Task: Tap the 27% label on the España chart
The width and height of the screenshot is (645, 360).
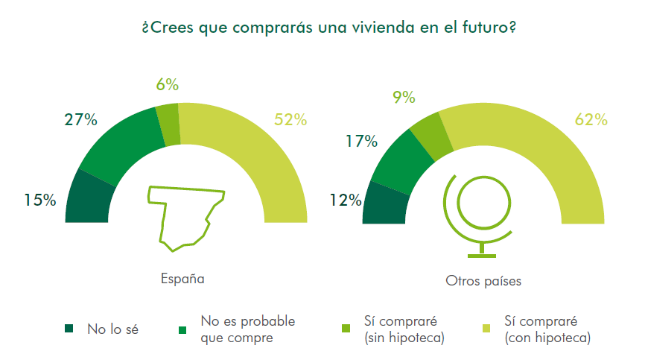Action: (80, 120)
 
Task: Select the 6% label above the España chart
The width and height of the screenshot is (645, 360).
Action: (167, 85)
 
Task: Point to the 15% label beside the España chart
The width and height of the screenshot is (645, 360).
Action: (39, 200)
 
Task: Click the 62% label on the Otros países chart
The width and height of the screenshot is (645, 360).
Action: (591, 120)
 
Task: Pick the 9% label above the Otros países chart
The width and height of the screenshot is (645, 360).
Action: (403, 97)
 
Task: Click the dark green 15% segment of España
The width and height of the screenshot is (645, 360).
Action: (89, 198)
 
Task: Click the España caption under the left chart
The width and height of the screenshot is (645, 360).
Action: (182, 280)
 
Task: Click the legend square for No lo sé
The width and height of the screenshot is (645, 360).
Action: (70, 329)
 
